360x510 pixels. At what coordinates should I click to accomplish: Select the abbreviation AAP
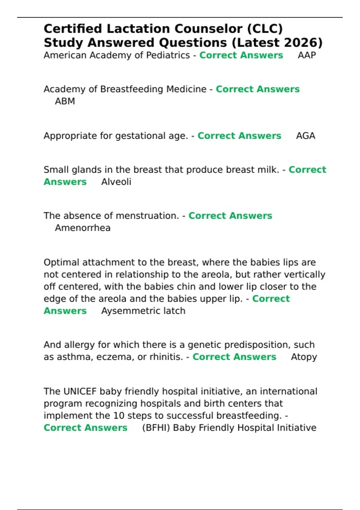tap(307, 55)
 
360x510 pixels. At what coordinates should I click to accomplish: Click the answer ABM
tap(65, 101)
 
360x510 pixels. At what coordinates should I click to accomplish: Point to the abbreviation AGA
tap(305, 136)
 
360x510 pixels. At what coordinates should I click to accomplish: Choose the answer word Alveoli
tap(116, 182)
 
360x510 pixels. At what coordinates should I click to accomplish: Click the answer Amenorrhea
tap(82, 228)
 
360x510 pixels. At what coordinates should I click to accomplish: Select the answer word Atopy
tap(304, 357)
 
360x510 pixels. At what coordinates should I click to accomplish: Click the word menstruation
tap(147, 216)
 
